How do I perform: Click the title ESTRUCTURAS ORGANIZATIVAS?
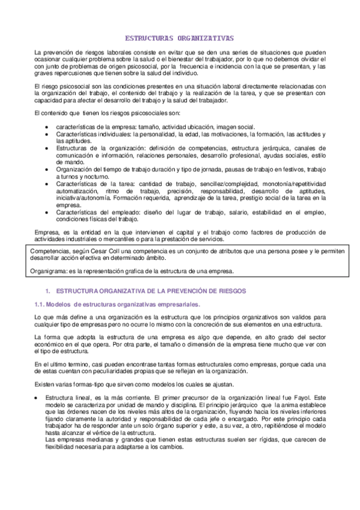180,37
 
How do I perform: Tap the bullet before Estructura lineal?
38,398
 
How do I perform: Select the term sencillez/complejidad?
212,183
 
